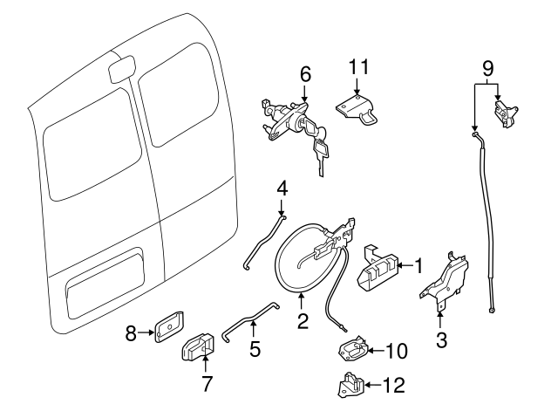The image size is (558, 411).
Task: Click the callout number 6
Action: point(305,75)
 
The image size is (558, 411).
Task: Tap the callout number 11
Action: point(359,66)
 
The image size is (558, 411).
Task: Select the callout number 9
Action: point(487,66)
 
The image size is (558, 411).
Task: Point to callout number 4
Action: point(282,188)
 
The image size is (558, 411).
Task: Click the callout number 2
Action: point(303,321)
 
